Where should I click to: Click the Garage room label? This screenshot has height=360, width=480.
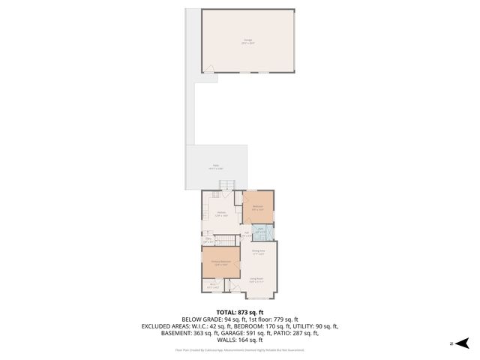click(x=247, y=41)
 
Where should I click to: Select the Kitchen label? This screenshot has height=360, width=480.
click(x=221, y=214)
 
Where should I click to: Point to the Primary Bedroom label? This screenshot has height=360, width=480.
click(x=220, y=262)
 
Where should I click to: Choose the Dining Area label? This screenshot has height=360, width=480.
click(x=258, y=253)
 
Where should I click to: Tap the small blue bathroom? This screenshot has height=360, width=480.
click(x=262, y=232)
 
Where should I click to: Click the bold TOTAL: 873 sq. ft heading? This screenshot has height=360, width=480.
click(x=240, y=312)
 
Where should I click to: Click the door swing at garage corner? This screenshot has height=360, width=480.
click(x=209, y=69)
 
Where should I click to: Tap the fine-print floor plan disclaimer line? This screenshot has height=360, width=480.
click(x=240, y=349)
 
